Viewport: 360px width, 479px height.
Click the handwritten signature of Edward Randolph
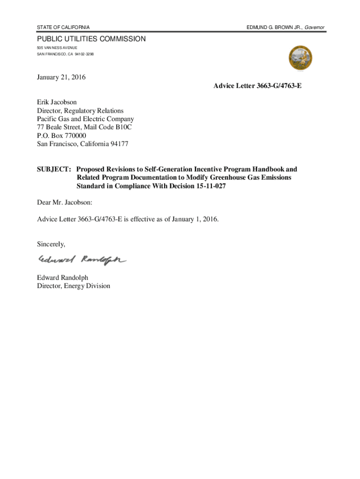coord(82,260)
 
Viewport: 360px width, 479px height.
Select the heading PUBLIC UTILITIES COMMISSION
coord(92,39)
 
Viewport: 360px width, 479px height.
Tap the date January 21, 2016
coord(61,77)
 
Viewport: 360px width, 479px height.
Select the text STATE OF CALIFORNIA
coord(64,28)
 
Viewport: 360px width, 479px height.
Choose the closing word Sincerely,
coord(51,244)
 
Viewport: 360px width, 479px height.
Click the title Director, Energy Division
coord(74,286)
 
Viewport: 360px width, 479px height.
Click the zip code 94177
coord(118,144)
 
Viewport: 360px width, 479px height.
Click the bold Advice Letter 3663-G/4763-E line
coord(254,86)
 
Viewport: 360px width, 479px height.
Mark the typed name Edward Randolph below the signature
coord(63,277)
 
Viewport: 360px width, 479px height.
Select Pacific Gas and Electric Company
coord(86,119)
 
